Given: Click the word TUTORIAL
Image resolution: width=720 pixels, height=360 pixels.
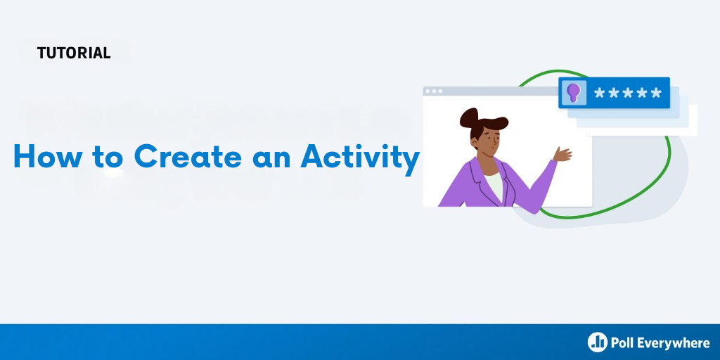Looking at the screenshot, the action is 74,53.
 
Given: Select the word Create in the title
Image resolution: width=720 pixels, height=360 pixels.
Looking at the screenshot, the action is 188,156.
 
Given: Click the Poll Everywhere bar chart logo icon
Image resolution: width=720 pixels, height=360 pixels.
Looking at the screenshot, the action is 598,342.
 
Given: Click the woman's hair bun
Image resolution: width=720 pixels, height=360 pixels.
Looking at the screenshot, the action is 468,117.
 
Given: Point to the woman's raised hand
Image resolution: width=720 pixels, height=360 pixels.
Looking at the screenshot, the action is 562,154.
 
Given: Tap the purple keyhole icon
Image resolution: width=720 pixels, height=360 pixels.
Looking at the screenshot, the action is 574,92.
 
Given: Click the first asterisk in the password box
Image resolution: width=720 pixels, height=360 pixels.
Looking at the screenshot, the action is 600,94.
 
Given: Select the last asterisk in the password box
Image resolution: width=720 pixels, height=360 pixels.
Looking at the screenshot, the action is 656,94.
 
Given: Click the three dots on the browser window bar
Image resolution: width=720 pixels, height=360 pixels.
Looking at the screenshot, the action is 434,91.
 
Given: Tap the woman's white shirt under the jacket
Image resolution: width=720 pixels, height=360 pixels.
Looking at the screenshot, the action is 494,186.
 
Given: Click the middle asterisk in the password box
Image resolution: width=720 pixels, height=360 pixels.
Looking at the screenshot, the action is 628,94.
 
